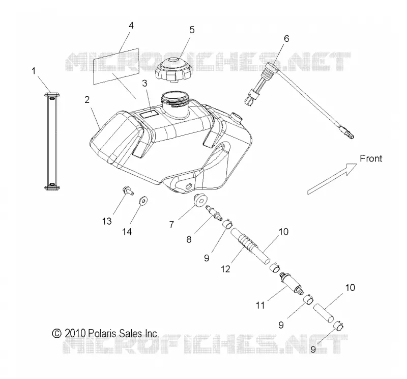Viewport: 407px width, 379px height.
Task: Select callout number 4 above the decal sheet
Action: tap(131, 25)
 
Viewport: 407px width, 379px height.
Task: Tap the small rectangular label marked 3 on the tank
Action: tap(149, 114)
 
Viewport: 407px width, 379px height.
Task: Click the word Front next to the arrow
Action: tap(371, 158)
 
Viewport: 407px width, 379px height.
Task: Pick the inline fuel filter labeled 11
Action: tap(292, 283)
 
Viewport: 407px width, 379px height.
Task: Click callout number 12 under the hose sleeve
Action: tap(225, 269)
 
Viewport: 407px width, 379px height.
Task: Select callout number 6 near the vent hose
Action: tap(286, 39)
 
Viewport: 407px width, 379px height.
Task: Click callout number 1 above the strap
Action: tap(34, 71)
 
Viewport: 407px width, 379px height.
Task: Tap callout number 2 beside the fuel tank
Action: tap(87, 99)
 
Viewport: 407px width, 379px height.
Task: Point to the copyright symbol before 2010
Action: tap(56, 334)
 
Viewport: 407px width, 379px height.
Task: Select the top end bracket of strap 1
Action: tap(52, 95)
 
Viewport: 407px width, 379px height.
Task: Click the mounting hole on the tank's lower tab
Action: tap(189, 186)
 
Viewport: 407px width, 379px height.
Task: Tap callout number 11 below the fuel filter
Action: tap(260, 305)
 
